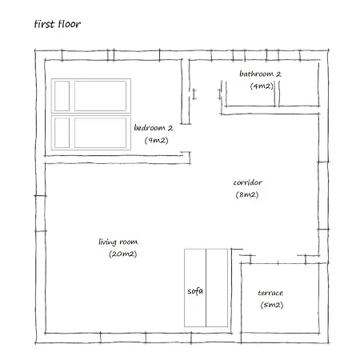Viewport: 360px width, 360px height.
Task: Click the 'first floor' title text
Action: [58, 24]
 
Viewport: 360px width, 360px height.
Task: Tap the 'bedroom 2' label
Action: [154, 128]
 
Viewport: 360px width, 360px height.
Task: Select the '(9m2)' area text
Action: [156, 140]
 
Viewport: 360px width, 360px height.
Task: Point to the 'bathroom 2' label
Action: [260, 74]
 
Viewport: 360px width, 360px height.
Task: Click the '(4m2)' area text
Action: [262, 86]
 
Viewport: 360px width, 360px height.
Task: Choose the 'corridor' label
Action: [247, 182]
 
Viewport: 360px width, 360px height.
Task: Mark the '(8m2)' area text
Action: [247, 194]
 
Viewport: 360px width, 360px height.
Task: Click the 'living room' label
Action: [118, 242]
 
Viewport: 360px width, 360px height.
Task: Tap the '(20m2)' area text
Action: [123, 254]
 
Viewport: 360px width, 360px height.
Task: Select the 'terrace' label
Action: [270, 293]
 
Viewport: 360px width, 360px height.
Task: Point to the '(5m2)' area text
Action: [272, 305]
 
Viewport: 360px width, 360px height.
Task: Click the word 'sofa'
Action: [195, 291]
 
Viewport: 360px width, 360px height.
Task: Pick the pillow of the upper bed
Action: [62, 96]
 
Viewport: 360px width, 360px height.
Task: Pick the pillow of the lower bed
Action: [62, 133]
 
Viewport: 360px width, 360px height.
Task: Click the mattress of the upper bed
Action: [100, 96]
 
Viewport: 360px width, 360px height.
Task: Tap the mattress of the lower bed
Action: [100, 133]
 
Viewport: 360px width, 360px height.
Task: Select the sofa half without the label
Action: [217, 288]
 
